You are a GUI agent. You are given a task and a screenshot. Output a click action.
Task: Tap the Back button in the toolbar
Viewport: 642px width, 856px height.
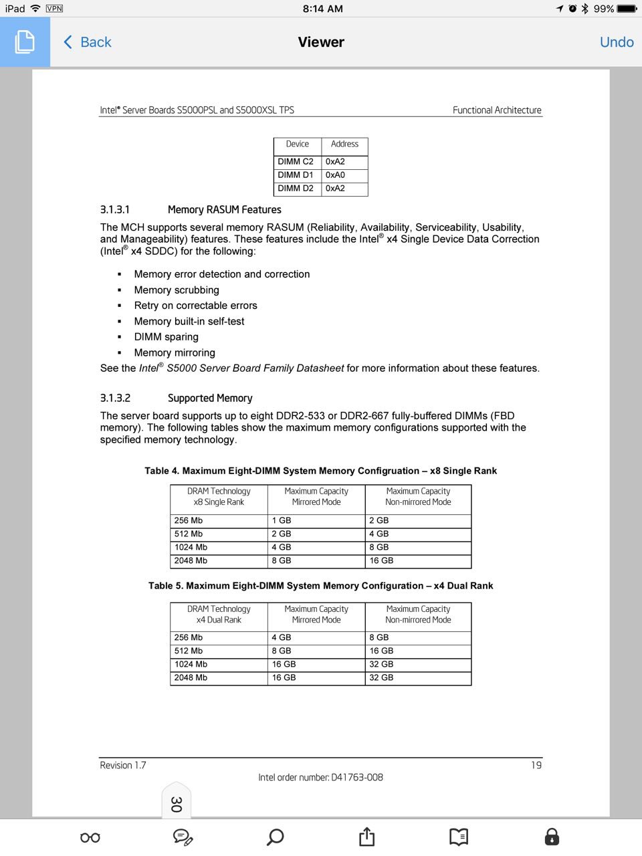pyautogui.click(x=88, y=42)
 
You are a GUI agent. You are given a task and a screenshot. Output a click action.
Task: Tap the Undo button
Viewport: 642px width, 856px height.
pyautogui.click(x=617, y=42)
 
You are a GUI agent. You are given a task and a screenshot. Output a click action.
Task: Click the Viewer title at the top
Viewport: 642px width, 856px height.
pyautogui.click(x=321, y=42)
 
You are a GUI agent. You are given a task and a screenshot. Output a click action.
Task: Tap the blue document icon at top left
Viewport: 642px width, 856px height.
pyautogui.click(x=25, y=41)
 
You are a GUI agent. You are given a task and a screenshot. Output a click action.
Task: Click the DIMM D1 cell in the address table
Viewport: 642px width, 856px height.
pyautogui.click(x=296, y=175)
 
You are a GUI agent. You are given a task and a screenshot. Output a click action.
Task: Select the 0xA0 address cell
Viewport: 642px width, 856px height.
pyautogui.click(x=336, y=175)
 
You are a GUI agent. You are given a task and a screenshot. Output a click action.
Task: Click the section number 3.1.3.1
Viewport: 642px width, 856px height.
pyautogui.click(x=115, y=209)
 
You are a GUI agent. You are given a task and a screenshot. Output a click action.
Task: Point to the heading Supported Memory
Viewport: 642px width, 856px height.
pyautogui.click(x=210, y=398)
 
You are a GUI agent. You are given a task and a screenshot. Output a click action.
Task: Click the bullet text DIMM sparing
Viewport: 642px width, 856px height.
pyautogui.click(x=166, y=337)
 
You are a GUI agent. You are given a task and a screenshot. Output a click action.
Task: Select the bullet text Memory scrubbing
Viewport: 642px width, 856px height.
pyautogui.click(x=177, y=290)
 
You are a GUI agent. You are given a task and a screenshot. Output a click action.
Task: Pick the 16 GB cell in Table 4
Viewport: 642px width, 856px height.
pyautogui.click(x=381, y=560)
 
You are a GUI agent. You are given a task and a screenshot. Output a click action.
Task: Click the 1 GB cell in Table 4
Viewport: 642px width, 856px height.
pyautogui.click(x=282, y=520)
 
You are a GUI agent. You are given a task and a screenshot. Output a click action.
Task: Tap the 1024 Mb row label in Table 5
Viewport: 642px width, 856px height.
pyautogui.click(x=191, y=664)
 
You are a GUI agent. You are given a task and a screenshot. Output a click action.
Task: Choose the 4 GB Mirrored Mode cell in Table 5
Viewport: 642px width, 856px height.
pyautogui.click(x=282, y=637)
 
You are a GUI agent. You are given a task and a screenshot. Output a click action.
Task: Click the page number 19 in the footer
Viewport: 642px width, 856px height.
pyautogui.click(x=536, y=765)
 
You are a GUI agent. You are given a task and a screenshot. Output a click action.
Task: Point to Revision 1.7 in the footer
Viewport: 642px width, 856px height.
pyautogui.click(x=123, y=765)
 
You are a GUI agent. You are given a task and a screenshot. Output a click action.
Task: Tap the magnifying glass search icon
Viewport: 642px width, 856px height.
pyautogui.click(x=275, y=837)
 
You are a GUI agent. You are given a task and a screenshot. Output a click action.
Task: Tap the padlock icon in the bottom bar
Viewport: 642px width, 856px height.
pyautogui.click(x=552, y=837)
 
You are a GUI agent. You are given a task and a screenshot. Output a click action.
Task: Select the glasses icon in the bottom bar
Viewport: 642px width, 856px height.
pyautogui.click(x=90, y=837)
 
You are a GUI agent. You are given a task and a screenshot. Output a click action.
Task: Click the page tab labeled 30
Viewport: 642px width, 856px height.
pyautogui.click(x=176, y=803)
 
